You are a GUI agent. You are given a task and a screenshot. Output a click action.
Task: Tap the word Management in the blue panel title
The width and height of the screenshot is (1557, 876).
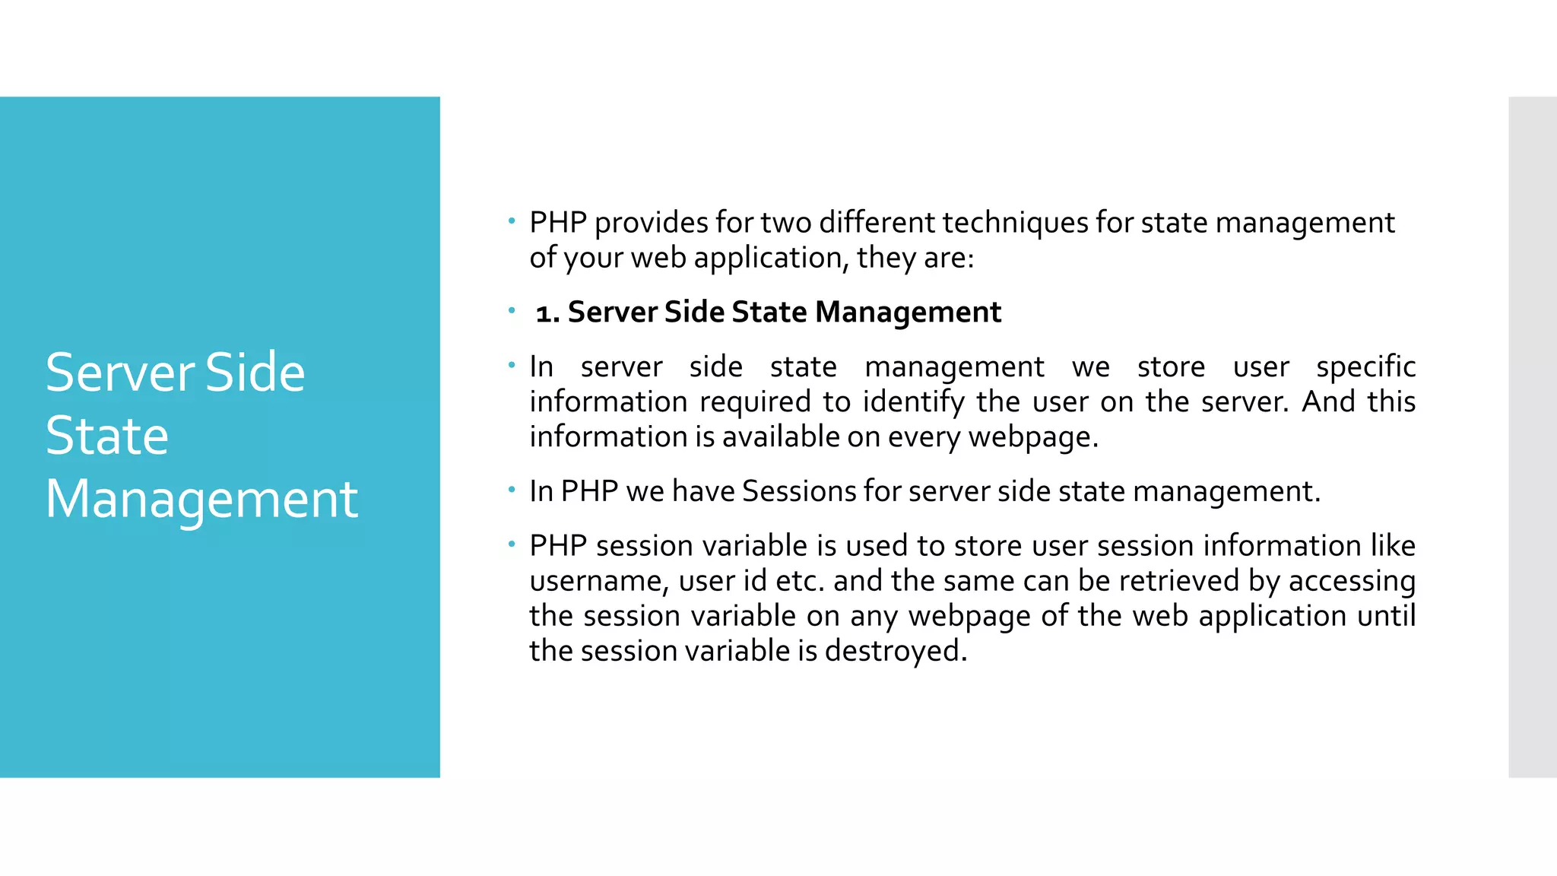click(201, 500)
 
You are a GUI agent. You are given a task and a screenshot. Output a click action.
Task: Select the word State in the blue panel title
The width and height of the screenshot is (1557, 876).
click(106, 436)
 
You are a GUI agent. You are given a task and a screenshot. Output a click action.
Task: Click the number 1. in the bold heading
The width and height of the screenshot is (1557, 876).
click(547, 313)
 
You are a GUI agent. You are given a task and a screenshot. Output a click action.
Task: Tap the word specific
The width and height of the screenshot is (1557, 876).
click(1365, 367)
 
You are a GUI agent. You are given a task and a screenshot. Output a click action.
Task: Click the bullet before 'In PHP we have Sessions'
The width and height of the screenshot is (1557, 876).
click(512, 490)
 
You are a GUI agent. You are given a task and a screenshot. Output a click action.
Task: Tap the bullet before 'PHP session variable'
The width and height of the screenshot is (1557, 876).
click(512, 544)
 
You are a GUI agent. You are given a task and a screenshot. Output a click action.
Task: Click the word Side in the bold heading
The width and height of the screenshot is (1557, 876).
click(694, 313)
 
